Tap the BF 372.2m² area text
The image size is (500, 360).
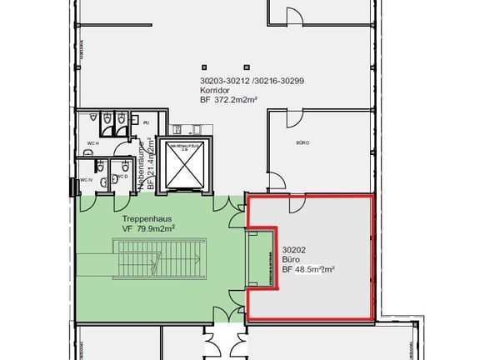228,99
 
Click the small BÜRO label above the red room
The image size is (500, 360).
303,143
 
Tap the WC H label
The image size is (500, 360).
93,143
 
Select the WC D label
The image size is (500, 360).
122,177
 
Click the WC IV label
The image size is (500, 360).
85,181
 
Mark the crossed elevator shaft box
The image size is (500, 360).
187,167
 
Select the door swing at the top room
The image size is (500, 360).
294,16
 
